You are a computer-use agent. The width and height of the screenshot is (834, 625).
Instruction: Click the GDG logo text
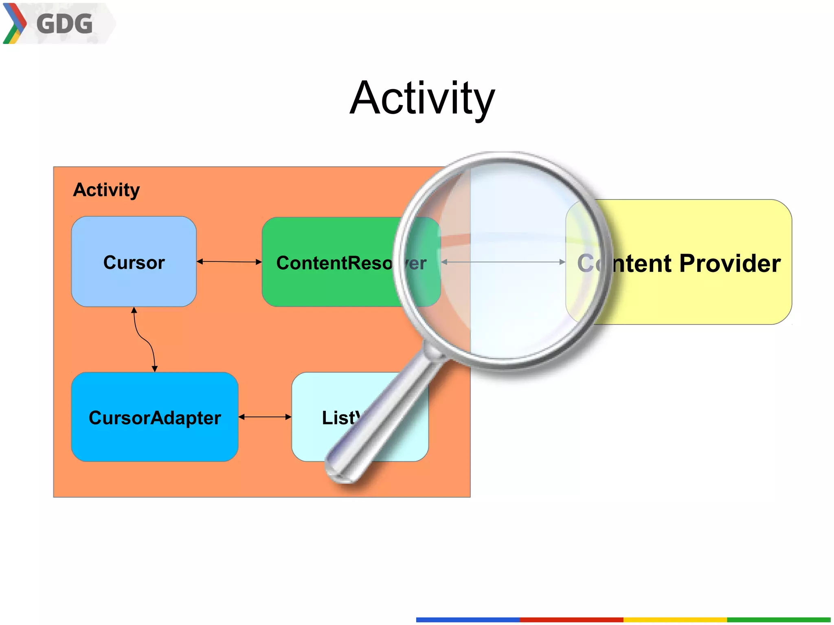pos(64,24)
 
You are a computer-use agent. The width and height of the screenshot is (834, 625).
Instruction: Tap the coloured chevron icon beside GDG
pos(14,24)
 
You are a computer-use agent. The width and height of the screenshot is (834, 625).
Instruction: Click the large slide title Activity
pos(422,99)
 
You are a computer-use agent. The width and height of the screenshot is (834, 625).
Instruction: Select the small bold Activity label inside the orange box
pos(106,190)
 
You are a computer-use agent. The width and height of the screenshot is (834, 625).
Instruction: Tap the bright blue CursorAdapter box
pos(154,440)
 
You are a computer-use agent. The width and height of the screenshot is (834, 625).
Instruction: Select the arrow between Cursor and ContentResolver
pos(229,262)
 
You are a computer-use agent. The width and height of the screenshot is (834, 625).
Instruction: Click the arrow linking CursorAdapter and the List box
pos(265,417)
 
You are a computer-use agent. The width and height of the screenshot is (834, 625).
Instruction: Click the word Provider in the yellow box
pos(730,263)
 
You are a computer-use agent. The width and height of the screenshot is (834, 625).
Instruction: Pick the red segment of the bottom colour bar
pos(571,620)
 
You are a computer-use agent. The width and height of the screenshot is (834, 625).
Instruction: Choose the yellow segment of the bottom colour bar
pos(675,620)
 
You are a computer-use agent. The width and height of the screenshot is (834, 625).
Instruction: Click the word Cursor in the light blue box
pos(134,263)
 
